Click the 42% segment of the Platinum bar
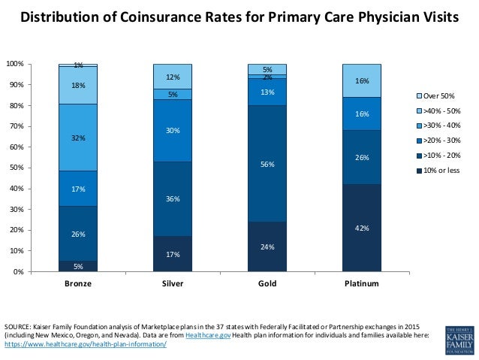(x=362, y=228)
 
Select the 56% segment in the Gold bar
(x=267, y=163)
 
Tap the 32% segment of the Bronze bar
(x=78, y=138)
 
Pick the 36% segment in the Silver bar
(x=173, y=199)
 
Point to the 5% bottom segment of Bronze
(x=78, y=265)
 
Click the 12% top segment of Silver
(x=173, y=77)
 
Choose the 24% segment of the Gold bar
(x=267, y=247)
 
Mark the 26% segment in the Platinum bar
(x=362, y=157)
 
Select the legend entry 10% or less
(x=438, y=170)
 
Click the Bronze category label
(x=78, y=285)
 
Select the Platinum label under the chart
(x=362, y=285)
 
